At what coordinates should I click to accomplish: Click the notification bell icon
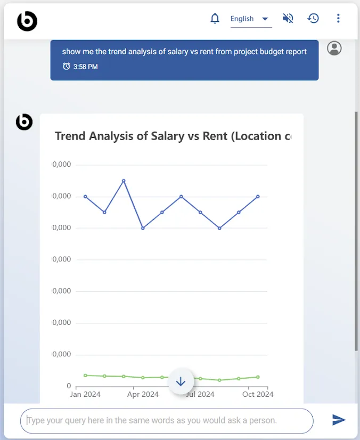(x=215, y=19)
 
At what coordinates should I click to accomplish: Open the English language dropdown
(x=250, y=19)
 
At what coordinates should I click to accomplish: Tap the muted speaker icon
(x=288, y=19)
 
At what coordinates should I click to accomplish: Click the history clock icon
(x=313, y=19)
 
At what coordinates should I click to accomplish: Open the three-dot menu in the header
(x=338, y=19)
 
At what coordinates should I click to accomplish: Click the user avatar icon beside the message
(x=334, y=48)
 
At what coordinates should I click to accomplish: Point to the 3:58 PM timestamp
(x=85, y=67)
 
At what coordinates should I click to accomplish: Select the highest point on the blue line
(x=124, y=181)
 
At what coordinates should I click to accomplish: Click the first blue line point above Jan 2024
(x=85, y=197)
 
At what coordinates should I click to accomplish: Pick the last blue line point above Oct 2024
(x=258, y=197)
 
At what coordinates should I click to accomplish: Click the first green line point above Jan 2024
(x=85, y=376)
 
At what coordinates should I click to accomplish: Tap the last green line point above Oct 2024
(x=258, y=377)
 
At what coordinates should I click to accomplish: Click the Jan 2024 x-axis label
(x=85, y=395)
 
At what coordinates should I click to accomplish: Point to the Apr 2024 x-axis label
(x=143, y=395)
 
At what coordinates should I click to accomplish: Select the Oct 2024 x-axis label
(x=258, y=395)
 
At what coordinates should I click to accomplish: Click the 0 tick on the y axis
(x=69, y=386)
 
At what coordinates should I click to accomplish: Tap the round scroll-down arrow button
(x=181, y=381)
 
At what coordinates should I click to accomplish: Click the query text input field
(x=167, y=421)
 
